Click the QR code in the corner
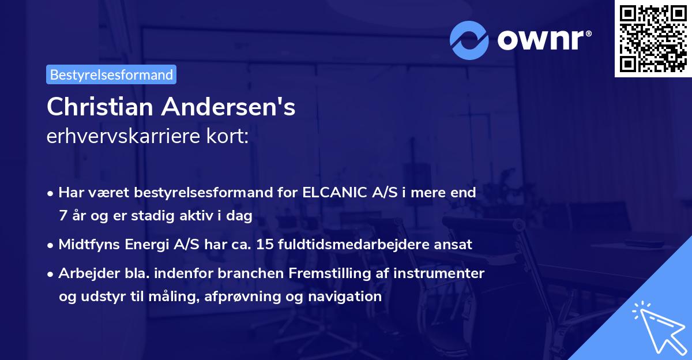click(653, 39)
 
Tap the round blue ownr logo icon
click(469, 40)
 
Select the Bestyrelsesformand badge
click(111, 74)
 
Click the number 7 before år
click(62, 216)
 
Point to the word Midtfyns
click(88, 245)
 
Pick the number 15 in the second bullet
click(266, 245)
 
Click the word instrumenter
click(439, 273)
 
